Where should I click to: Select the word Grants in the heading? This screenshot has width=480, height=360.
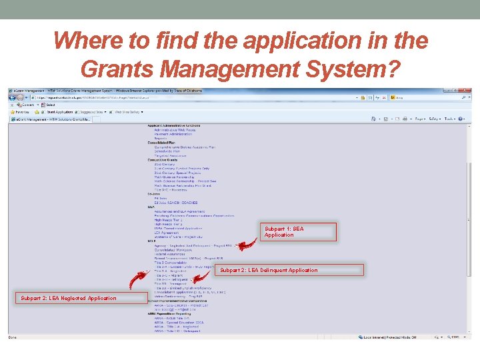(117, 67)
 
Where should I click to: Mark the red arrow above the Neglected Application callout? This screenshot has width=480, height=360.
(139, 280)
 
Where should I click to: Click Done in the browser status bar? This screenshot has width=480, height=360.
(13, 337)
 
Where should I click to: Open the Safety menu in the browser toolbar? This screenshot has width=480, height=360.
(434, 119)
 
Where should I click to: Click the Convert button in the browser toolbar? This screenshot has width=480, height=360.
(27, 105)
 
